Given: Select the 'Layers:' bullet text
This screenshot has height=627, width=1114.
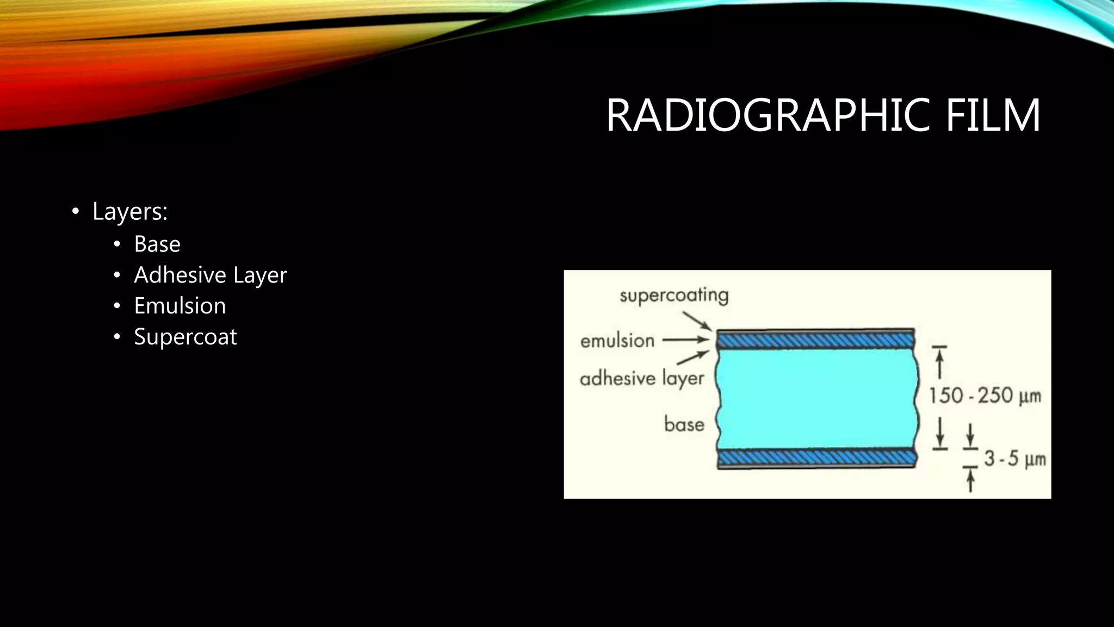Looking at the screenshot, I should point(129,211).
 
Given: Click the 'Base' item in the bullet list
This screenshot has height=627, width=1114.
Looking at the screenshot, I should point(157,244).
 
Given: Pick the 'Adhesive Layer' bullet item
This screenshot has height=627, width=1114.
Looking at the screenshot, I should point(210,275).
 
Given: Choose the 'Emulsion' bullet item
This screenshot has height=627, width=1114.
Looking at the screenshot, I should point(180,306).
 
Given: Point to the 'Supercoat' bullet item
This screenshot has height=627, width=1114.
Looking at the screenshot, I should point(185,337).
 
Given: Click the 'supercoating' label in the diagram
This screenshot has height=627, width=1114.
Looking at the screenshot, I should point(674,296).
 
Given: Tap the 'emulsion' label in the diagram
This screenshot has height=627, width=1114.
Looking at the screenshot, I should point(617,341).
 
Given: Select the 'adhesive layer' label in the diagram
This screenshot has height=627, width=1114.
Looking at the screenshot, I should point(642,378).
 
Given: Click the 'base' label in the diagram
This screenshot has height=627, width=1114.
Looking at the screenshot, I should point(684,424).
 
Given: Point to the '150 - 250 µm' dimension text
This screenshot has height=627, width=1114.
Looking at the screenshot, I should point(985,396).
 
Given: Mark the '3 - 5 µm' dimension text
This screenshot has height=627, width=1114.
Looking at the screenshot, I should point(1014,459).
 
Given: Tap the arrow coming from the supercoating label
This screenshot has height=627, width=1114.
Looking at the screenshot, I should point(697,321).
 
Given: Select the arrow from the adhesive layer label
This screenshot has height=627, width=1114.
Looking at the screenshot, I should point(692,358).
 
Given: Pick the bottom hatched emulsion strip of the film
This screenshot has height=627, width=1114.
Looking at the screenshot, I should point(816,458).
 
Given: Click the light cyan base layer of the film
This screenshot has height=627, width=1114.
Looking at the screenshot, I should point(816,400).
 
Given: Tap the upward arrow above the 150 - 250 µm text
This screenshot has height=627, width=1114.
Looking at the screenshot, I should point(939,361).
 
